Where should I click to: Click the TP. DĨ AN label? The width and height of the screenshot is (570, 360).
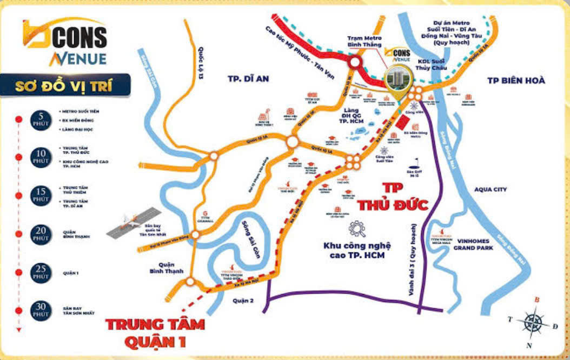coord(248,79)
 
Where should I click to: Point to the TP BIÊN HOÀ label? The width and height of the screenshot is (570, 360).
coord(516,81)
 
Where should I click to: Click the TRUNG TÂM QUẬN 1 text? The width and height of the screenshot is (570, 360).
coord(155,333)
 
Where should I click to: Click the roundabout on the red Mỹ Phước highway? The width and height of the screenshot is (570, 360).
coord(355,63)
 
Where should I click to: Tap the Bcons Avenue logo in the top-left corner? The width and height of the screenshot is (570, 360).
coord(64,42)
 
